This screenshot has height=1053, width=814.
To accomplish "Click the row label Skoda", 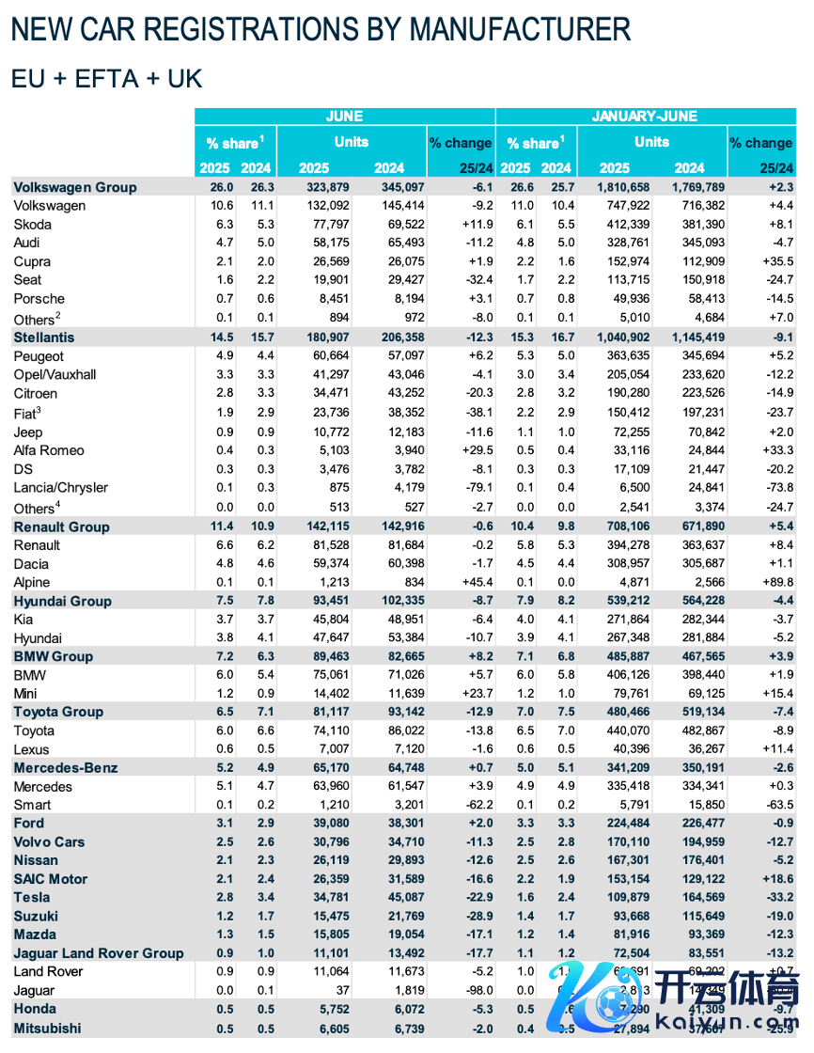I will [x=33, y=225].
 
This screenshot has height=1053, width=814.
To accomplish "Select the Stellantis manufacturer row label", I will [x=44, y=337].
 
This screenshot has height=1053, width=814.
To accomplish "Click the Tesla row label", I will [x=32, y=898].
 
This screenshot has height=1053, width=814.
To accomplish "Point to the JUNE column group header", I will [x=344, y=117].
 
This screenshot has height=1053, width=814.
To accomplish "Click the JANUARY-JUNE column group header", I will [x=644, y=117].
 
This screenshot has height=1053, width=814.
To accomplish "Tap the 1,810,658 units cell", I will [x=615, y=187].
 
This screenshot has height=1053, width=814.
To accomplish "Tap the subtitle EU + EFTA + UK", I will [x=106, y=78].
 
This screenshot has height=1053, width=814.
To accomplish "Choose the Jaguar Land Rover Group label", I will [x=99, y=953].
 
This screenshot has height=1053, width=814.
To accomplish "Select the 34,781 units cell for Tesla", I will [x=326, y=898].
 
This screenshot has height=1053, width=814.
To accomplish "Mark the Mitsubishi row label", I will [x=47, y=1029].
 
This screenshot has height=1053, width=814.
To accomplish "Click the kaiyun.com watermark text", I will [x=731, y=1019].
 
